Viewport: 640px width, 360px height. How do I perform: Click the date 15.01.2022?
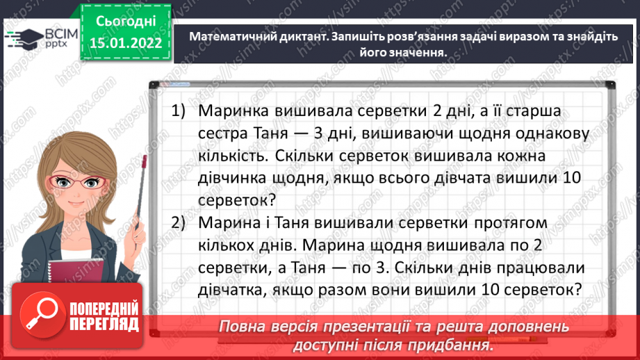125,44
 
